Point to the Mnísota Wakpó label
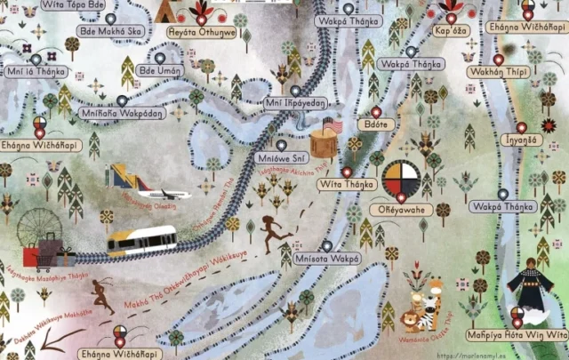[x=326, y=259]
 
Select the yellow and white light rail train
[x=142, y=241]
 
